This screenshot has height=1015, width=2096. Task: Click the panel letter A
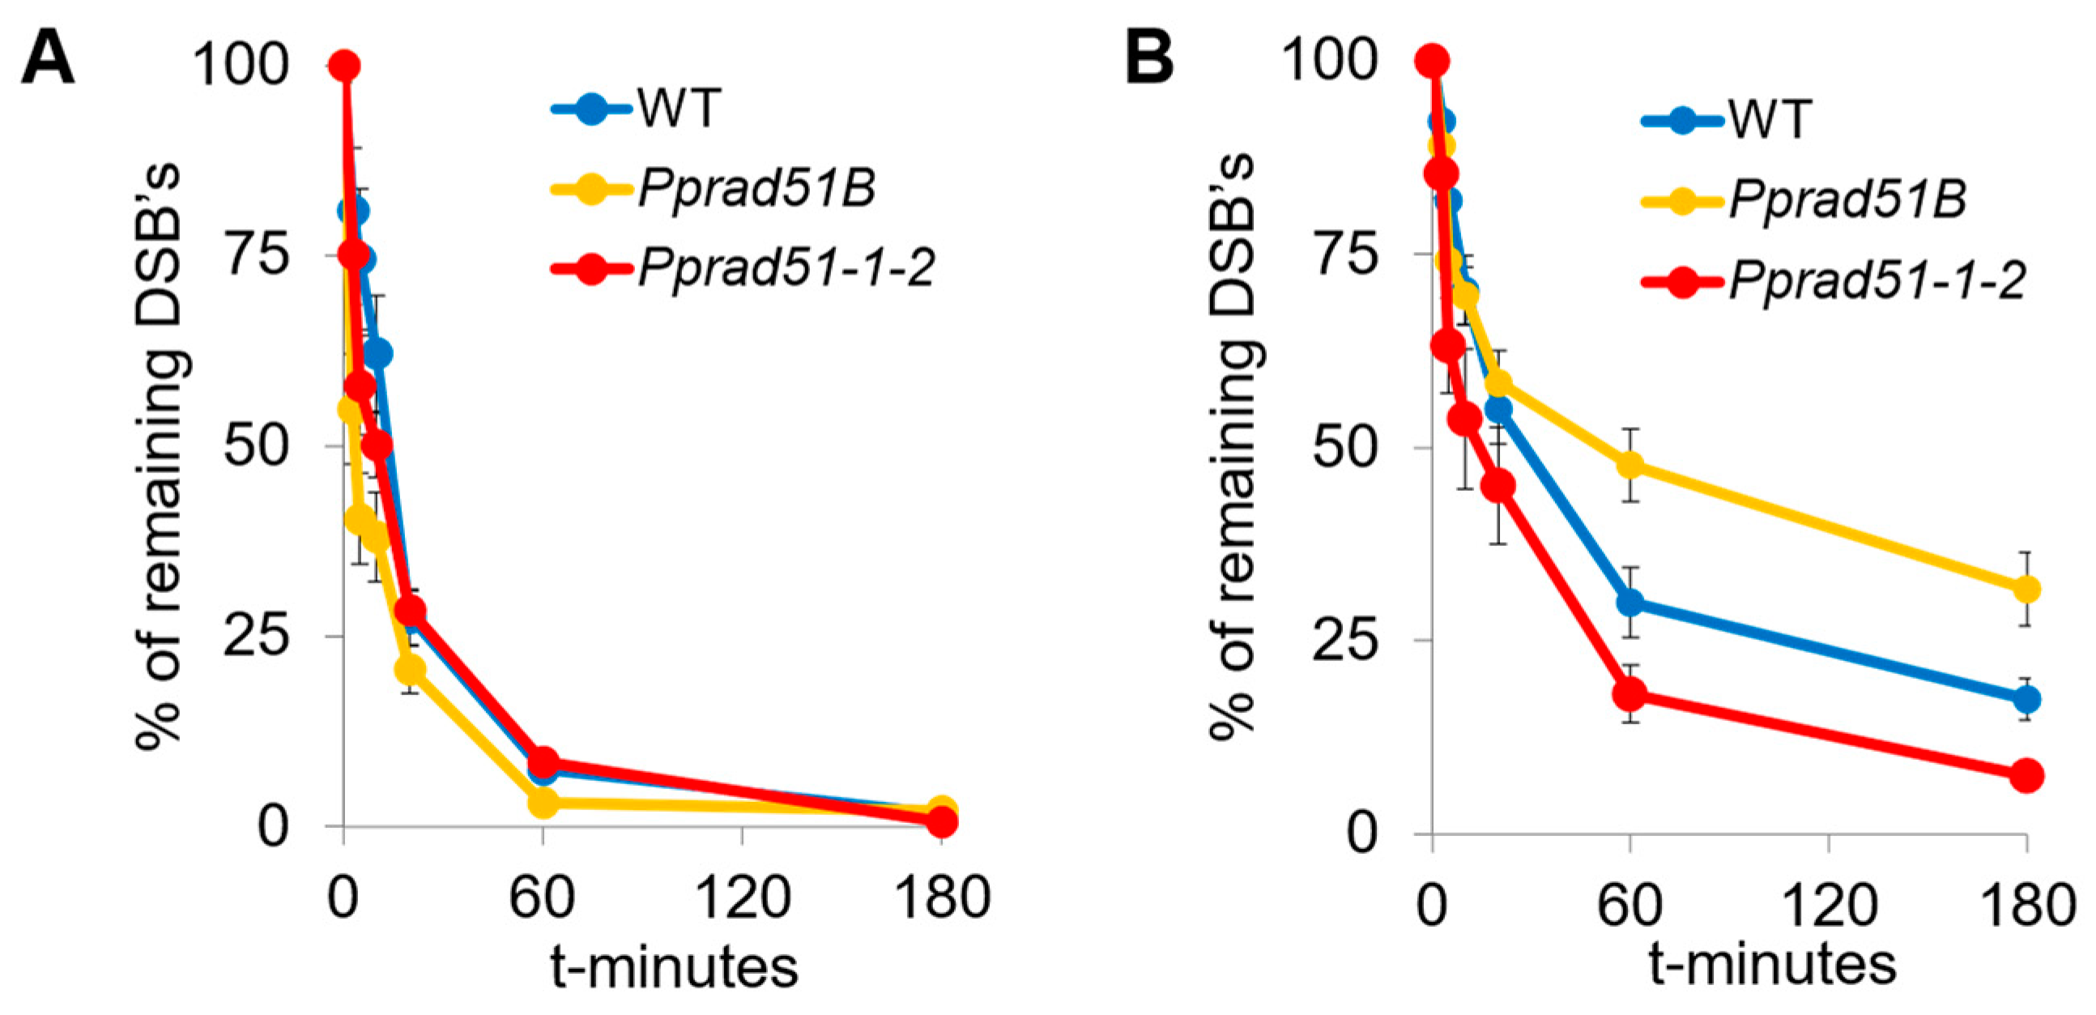click(47, 60)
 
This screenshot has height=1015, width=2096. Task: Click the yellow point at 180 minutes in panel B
click(2026, 588)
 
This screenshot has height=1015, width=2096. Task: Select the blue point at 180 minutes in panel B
click(2026, 699)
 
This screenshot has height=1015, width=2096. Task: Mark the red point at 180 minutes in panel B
click(2026, 776)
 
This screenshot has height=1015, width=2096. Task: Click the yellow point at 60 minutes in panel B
click(1630, 465)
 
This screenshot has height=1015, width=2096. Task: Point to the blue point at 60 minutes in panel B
click(1630, 603)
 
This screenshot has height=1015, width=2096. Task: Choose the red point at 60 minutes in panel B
click(1630, 693)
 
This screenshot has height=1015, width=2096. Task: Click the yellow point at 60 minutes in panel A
click(543, 804)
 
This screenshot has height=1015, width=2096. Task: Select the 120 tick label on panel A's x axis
click(742, 898)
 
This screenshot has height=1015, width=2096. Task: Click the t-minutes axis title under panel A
click(674, 967)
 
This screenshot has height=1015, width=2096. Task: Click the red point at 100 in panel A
click(344, 66)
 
